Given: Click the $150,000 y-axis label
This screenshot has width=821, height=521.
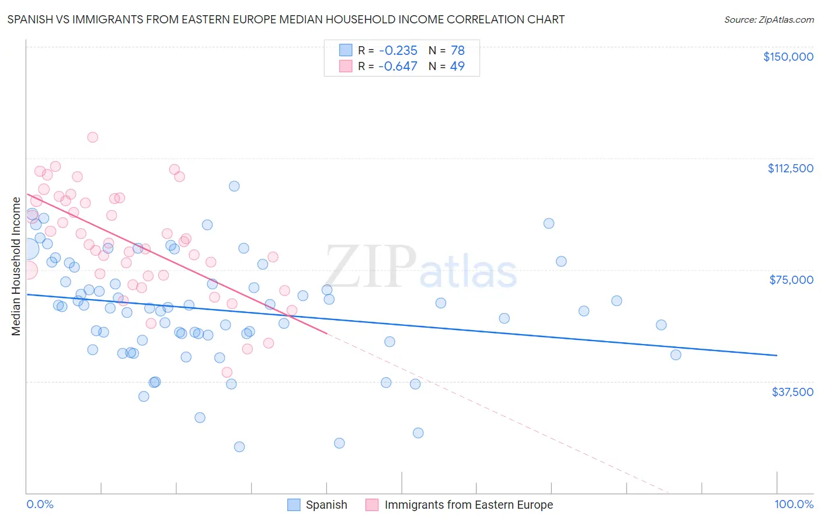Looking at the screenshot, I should pos(788,57).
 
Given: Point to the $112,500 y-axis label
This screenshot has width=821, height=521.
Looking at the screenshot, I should pos(790,168).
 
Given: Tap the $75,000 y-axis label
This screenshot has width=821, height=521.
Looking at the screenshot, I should pos(791,280).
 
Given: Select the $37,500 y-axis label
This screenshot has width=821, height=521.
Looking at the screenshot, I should pos(792,392).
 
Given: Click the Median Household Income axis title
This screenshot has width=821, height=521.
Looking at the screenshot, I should pos(16,266).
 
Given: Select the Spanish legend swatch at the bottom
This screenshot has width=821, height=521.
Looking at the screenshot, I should pos(294,505).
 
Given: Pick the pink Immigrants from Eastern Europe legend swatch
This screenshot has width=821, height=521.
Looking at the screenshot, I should pos(372,505).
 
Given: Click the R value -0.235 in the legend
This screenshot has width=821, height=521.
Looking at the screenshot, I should pos(398,50).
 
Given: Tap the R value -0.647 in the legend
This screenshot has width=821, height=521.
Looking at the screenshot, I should pos(398,66).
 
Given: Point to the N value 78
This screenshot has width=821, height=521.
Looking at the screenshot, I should pos(457,50).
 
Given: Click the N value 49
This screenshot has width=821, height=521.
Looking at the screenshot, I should pos(457,66).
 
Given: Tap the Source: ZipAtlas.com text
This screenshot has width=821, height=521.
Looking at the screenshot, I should pos(768,19).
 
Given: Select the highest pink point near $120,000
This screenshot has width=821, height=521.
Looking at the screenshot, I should pos(92,137).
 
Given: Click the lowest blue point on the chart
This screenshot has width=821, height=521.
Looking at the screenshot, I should pos(239,447).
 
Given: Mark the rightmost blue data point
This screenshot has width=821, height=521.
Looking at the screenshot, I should pos(676,355).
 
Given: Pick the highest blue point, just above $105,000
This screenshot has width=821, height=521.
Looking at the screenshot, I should pos(234,186).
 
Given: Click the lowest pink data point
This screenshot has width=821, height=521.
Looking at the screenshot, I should pos(227,372).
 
